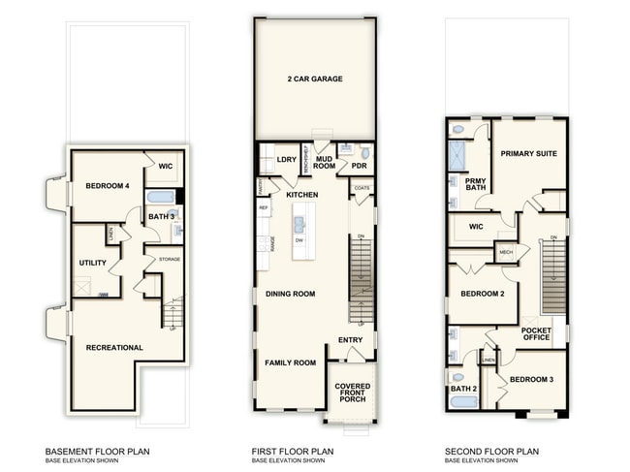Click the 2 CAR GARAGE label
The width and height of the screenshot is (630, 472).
coord(314,79)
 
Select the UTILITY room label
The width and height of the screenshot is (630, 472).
coord(92,263)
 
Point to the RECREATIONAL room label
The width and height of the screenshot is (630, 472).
coord(114,347)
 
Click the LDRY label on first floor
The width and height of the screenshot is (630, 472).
coord(286,160)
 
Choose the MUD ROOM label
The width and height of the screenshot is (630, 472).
coord(325,161)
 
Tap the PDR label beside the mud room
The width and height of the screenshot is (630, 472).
coord(359,166)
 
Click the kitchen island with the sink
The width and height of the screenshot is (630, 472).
coord(299,236)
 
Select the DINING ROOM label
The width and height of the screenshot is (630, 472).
coord(291,294)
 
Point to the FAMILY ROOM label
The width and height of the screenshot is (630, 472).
coord(291,362)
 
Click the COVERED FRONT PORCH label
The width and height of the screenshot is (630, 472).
coord(353,393)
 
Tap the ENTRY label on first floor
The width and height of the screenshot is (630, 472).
coord(350,340)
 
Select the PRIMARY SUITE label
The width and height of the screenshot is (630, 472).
coord(528,154)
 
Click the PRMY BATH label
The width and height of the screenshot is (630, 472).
coord(475,185)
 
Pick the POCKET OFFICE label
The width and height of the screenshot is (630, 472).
coord(536,333)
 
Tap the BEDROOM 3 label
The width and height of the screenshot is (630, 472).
coord(531,379)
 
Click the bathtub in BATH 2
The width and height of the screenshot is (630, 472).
coord(463,401)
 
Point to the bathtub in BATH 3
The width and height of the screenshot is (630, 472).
coord(159,198)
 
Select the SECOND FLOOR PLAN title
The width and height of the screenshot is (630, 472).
coord(492,452)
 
